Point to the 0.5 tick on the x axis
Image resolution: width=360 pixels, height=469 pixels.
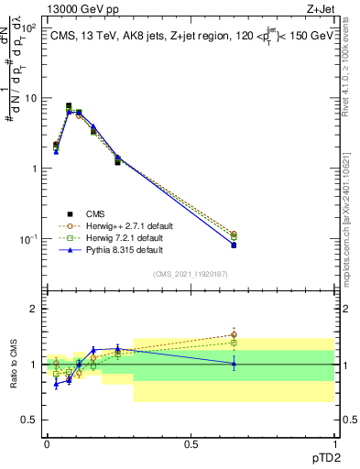tap(191, 444)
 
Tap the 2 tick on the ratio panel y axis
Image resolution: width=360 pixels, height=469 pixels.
tap(34, 310)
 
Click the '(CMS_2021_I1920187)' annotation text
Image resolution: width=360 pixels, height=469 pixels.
tap(191, 274)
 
